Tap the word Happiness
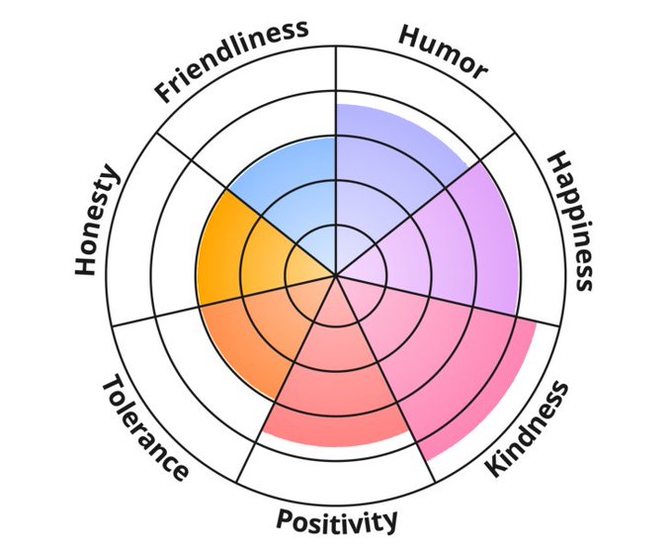point(571,221)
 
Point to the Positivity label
point(337,519)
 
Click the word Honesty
point(97,221)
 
